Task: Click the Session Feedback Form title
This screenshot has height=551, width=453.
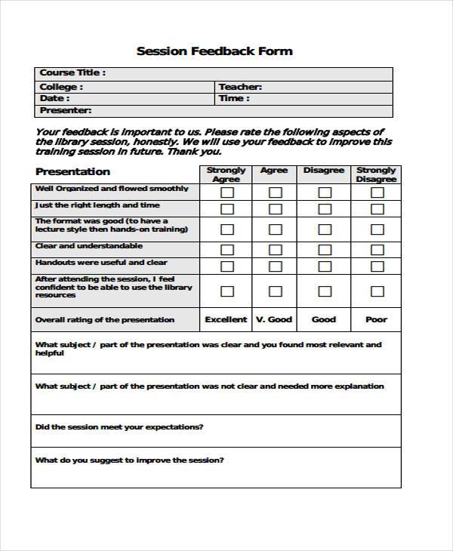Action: (x=214, y=51)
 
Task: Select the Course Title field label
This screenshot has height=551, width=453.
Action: (x=72, y=73)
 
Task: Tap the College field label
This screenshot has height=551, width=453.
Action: (x=61, y=87)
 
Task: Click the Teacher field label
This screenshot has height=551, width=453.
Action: (x=240, y=87)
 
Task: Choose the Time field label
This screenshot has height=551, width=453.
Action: (x=233, y=98)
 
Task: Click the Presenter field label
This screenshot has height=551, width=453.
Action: (x=66, y=110)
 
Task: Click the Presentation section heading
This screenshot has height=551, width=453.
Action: (x=72, y=171)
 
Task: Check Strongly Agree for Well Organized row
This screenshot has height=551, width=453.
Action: (x=226, y=192)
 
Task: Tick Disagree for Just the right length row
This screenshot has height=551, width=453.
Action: (x=324, y=209)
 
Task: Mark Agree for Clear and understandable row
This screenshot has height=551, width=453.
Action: (x=275, y=249)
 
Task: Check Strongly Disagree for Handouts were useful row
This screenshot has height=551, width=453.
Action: (x=376, y=266)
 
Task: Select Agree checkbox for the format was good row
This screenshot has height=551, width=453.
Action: (x=275, y=229)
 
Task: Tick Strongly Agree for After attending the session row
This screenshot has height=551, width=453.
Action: (x=226, y=291)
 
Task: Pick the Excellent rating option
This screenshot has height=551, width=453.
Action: (x=226, y=319)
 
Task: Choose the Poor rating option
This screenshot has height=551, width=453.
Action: (x=376, y=319)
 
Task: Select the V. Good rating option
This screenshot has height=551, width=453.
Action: (x=274, y=319)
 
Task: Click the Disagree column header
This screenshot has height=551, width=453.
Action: (x=324, y=171)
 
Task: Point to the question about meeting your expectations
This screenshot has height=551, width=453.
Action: (x=119, y=426)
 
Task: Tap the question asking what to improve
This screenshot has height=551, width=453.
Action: (x=129, y=460)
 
